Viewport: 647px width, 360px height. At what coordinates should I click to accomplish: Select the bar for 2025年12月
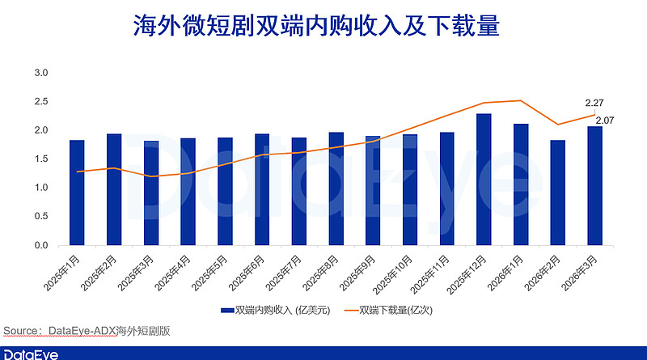click(x=484, y=180)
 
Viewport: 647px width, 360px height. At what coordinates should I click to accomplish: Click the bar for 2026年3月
click(x=594, y=186)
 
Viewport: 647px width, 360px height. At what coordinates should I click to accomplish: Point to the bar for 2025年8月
click(x=336, y=188)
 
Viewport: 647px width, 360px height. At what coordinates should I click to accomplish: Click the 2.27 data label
click(x=594, y=104)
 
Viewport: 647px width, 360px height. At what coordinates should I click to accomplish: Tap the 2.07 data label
click(x=605, y=121)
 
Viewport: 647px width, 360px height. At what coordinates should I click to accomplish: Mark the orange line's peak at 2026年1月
click(x=520, y=100)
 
